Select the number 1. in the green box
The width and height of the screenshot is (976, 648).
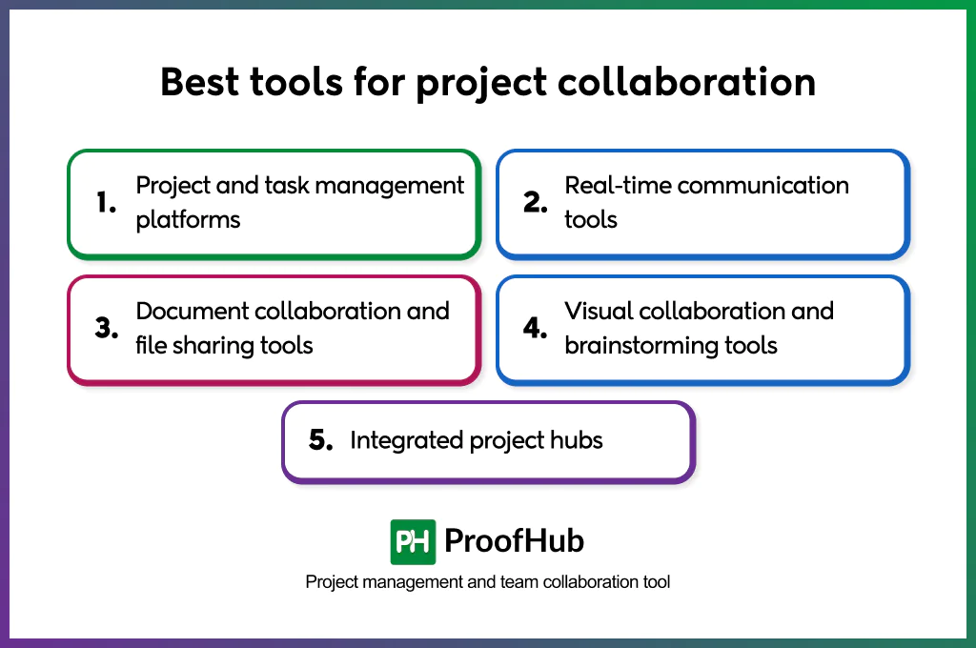click(106, 202)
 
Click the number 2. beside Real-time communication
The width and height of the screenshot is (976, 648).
click(535, 202)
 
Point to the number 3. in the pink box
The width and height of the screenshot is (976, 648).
click(106, 328)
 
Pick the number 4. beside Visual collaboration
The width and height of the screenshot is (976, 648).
click(535, 328)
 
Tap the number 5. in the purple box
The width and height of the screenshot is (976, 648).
click(321, 440)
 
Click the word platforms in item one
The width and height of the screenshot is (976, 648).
click(188, 220)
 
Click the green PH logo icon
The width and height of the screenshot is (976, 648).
click(413, 542)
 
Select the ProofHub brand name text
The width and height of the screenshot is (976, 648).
click(514, 541)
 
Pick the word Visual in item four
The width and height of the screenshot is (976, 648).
click(598, 311)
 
